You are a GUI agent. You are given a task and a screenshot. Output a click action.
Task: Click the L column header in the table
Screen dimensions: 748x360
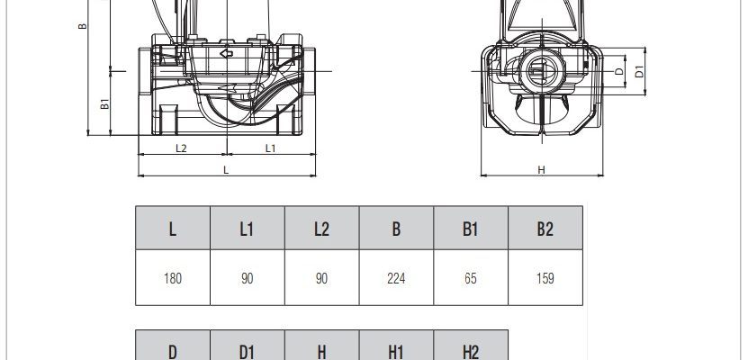point(173,228)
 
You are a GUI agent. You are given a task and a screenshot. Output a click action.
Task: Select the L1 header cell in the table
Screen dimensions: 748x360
point(248,228)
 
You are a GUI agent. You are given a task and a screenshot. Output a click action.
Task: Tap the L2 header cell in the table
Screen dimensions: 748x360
point(321,228)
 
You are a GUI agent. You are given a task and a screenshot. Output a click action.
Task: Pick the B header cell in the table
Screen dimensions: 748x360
point(396,228)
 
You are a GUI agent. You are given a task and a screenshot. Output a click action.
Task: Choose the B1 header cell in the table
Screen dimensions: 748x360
point(471,228)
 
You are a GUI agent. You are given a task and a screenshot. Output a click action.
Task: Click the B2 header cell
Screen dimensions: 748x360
point(545,228)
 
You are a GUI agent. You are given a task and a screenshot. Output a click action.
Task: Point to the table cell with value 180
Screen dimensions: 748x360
point(173,277)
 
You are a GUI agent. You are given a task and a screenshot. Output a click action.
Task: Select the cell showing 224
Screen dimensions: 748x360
point(396,277)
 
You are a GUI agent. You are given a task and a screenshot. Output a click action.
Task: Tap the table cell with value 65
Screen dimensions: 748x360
point(471,277)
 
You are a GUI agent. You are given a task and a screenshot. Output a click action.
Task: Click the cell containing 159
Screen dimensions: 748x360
point(545,277)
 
